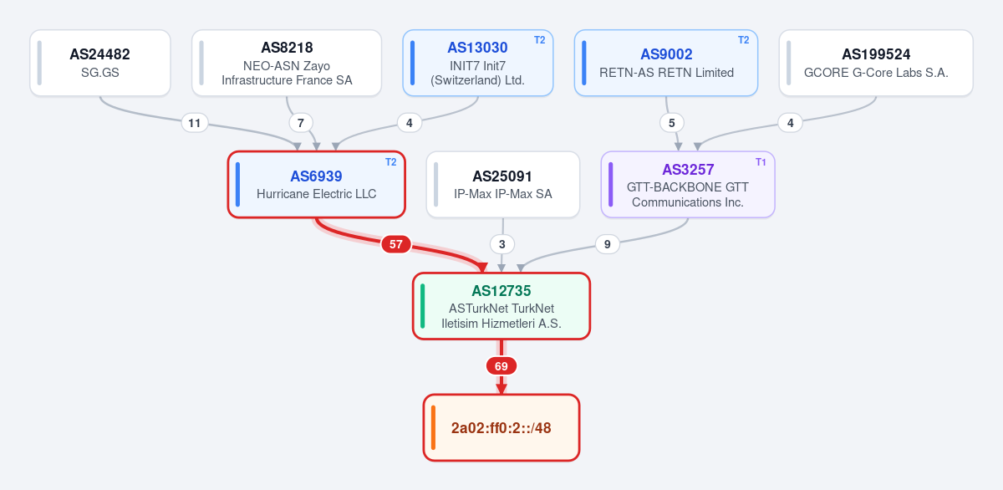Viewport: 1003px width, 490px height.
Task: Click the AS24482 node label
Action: click(x=99, y=54)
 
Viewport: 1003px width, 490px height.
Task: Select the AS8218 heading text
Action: click(x=287, y=48)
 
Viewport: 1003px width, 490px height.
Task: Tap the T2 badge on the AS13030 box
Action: click(x=540, y=40)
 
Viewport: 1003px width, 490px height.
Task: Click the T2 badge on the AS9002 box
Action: click(x=743, y=40)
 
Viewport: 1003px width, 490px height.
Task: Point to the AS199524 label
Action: click(x=876, y=54)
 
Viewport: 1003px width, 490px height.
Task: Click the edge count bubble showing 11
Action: click(x=194, y=123)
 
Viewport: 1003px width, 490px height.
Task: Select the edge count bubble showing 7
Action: click(x=300, y=123)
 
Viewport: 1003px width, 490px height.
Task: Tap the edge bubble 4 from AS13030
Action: click(x=410, y=123)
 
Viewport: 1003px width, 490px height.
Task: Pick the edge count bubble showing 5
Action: click(x=672, y=123)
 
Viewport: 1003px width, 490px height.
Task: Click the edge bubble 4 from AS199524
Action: click(x=791, y=123)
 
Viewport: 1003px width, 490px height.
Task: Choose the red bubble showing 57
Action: click(x=396, y=244)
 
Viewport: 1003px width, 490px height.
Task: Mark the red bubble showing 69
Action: click(x=501, y=366)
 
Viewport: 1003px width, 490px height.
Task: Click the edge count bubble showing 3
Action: click(x=502, y=244)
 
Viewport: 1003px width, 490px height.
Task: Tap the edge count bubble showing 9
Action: click(x=607, y=244)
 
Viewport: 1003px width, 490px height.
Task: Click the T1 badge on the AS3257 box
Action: click(x=761, y=161)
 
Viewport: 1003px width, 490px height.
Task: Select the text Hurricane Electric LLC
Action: click(x=317, y=194)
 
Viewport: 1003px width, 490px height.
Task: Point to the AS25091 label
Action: click(x=502, y=176)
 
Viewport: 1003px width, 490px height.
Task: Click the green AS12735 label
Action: click(x=501, y=291)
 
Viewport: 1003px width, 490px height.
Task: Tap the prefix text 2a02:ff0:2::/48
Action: click(x=501, y=428)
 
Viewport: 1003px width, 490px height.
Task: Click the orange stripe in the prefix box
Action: click(x=433, y=428)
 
